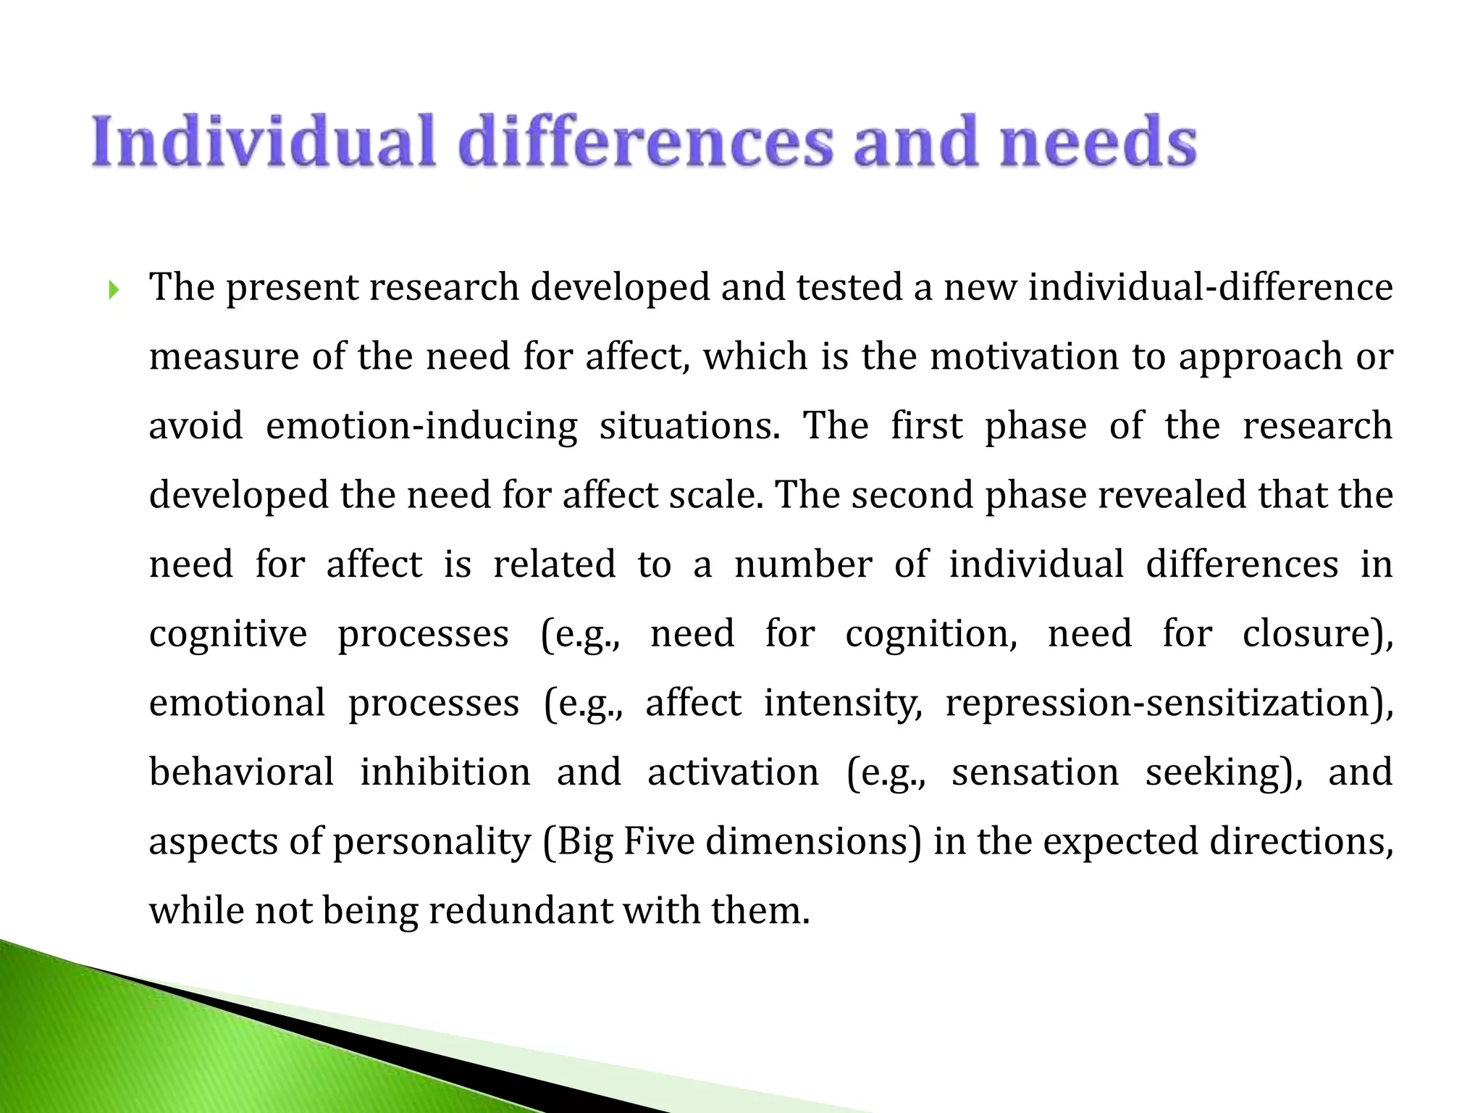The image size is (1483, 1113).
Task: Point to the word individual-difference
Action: pyautogui.click(x=1210, y=288)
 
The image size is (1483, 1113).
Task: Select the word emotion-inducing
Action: pyautogui.click(x=421, y=426)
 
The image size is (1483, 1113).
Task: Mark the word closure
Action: pyautogui.click(x=1314, y=634)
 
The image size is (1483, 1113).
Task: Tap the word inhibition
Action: pyautogui.click(x=445, y=772)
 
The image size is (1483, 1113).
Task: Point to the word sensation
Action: pyautogui.click(x=1035, y=772)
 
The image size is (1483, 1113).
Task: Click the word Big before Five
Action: pyautogui.click(x=579, y=842)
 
